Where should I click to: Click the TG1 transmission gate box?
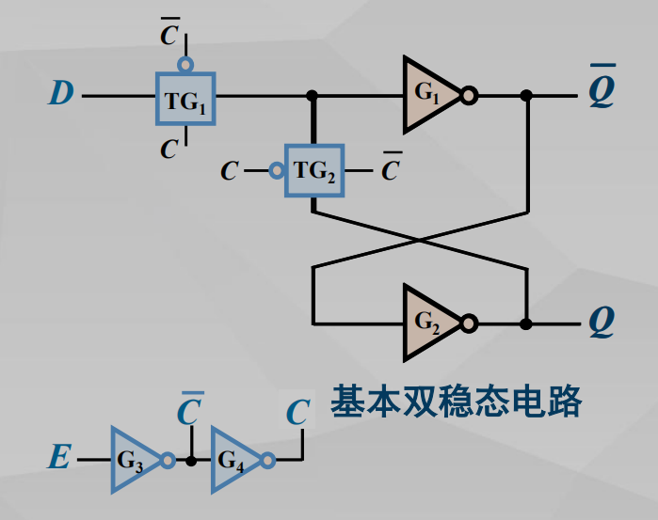click(185, 97)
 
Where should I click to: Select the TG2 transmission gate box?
click(314, 171)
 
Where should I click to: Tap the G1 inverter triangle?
click(427, 95)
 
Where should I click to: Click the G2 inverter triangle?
click(427, 323)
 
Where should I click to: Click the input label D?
click(61, 94)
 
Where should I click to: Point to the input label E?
click(58, 460)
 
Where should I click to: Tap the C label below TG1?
click(169, 149)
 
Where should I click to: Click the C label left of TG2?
click(230, 171)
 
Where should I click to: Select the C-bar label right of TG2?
click(390, 169)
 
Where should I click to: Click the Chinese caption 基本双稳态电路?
click(456, 402)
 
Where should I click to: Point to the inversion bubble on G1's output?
click(469, 95)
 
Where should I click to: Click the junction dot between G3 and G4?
click(191, 461)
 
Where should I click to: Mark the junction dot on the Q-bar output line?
click(526, 95)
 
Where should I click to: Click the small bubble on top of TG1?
click(185, 64)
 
